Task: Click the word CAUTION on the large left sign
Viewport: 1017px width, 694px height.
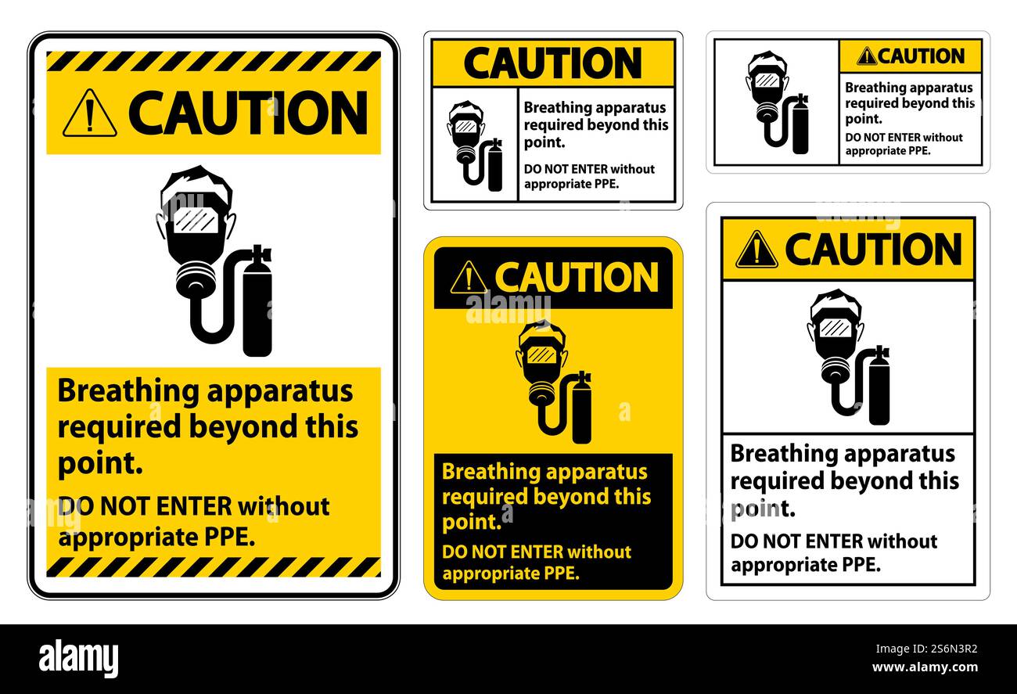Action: pyautogui.click(x=248, y=114)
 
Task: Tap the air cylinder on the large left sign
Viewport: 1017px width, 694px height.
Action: pyautogui.click(x=257, y=305)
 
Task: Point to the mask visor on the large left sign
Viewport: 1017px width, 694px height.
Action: pyautogui.click(x=196, y=220)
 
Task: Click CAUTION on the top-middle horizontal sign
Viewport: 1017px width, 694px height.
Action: pyautogui.click(x=552, y=63)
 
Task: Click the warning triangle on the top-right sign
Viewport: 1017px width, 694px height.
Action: pyautogui.click(x=866, y=56)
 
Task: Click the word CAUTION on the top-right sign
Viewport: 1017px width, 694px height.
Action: pyautogui.click(x=921, y=56)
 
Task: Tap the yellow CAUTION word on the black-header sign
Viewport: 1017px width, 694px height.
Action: pyautogui.click(x=577, y=277)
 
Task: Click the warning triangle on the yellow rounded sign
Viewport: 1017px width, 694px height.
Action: pyautogui.click(x=468, y=278)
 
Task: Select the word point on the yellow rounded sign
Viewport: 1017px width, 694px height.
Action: pyautogui.click(x=470, y=522)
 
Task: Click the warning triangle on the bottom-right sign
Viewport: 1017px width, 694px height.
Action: pyautogui.click(x=756, y=250)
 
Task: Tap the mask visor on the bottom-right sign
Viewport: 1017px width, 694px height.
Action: pyautogui.click(x=835, y=328)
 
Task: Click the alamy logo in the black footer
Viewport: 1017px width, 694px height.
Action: pyautogui.click(x=78, y=658)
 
